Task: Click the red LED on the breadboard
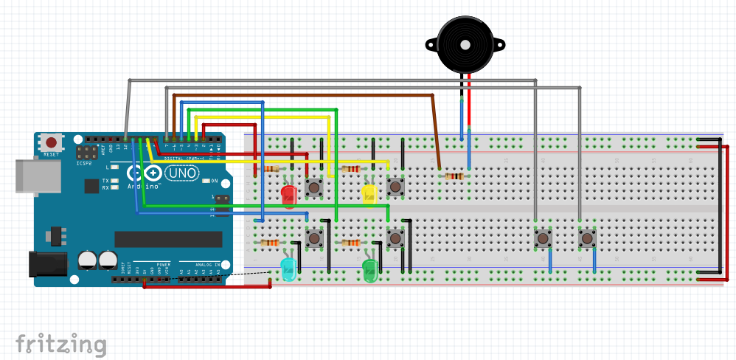pos(289,195)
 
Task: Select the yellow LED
pos(369,193)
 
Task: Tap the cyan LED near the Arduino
pos(288,270)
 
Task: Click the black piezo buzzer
pos(465,44)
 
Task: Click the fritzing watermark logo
pos(61,344)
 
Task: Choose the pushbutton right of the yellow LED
pos(396,187)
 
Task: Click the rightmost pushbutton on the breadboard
pos(587,238)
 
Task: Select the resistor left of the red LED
pos(271,168)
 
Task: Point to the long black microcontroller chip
pos(168,239)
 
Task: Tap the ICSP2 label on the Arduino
pos(84,163)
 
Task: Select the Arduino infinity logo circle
pos(143,174)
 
